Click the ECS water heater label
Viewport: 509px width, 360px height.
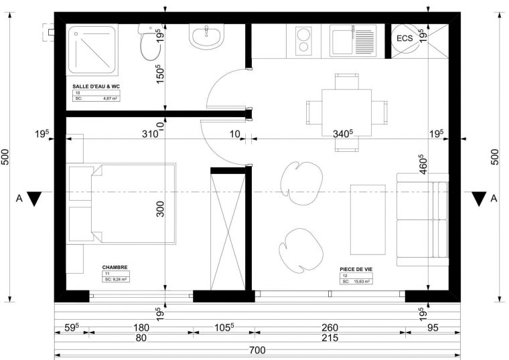[405, 38]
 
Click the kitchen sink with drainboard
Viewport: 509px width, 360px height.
[356, 41]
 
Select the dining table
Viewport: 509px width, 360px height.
[346, 110]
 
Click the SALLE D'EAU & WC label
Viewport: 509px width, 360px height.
[96, 87]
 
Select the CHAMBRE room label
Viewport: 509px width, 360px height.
[115, 266]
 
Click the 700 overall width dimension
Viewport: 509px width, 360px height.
[257, 350]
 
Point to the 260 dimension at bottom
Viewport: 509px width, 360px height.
[329, 329]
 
